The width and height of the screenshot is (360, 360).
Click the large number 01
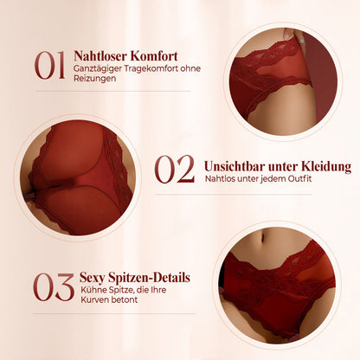[49, 65]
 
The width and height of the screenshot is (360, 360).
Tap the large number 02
[175, 169]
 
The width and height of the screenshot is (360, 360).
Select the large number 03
[54, 287]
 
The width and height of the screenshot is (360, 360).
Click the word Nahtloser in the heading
[100, 56]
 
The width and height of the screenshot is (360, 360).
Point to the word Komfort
[154, 56]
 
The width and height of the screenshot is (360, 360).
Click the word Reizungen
[95, 79]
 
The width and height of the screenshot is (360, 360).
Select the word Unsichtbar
[235, 166]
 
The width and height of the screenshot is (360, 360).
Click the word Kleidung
[326, 166]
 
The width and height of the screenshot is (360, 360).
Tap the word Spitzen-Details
[150, 278]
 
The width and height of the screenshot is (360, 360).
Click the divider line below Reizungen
[112, 91]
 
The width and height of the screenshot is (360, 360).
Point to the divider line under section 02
[234, 195]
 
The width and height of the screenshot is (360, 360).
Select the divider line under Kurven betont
[114, 313]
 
